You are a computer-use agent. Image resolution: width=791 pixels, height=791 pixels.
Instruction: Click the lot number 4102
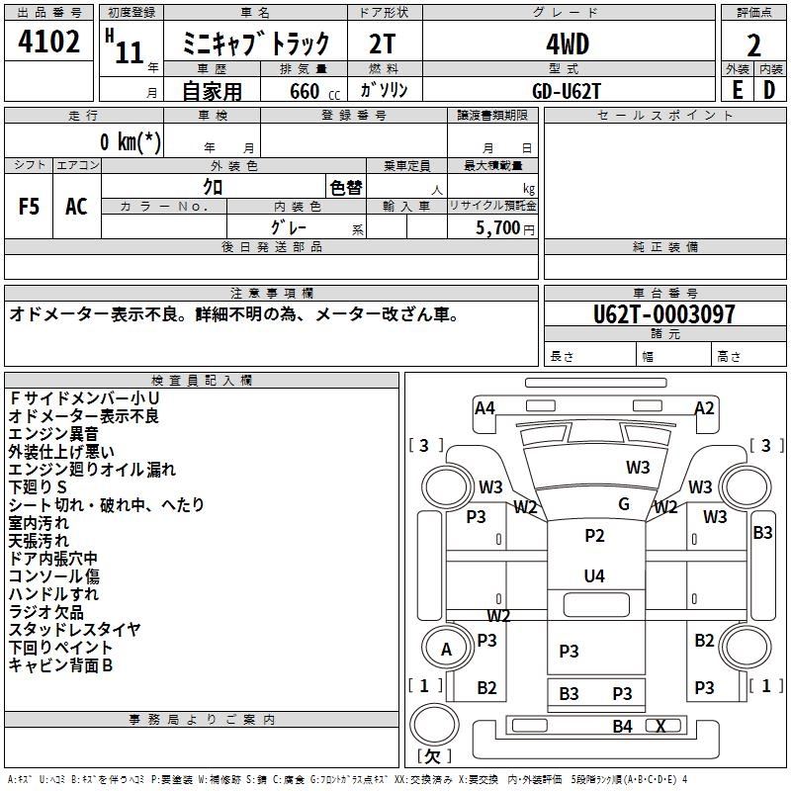tap(48, 42)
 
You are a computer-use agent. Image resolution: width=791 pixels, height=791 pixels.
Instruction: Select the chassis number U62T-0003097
tap(663, 314)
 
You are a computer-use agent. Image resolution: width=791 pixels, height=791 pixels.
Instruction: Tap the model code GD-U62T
tap(567, 91)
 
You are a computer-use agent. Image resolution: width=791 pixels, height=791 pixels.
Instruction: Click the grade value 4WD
tap(568, 44)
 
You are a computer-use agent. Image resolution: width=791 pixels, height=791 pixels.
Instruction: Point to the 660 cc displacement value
tap(314, 91)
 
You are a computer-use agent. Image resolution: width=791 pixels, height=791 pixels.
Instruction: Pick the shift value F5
tap(29, 207)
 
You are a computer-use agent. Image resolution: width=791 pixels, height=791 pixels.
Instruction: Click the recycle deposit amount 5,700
tap(498, 227)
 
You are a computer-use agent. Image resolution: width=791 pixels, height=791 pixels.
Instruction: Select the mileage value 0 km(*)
tap(131, 141)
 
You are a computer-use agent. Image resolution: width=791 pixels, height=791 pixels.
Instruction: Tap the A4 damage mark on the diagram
tap(484, 407)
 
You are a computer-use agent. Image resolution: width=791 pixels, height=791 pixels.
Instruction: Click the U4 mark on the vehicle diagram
tap(594, 575)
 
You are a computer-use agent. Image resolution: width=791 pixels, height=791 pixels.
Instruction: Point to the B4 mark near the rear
tap(623, 727)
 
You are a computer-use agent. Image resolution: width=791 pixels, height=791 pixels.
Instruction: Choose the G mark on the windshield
tap(624, 503)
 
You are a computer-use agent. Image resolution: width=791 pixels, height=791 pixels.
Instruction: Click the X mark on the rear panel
tap(660, 727)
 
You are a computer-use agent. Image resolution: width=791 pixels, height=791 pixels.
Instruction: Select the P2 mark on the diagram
tap(594, 535)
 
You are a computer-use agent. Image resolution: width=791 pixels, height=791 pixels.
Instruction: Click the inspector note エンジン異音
tap(53, 434)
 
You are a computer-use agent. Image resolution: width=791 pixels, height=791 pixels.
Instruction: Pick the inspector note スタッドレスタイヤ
tap(75, 630)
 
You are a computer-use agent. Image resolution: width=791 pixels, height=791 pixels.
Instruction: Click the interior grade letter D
tap(769, 90)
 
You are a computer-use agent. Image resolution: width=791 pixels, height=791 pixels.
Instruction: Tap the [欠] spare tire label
tap(434, 756)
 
